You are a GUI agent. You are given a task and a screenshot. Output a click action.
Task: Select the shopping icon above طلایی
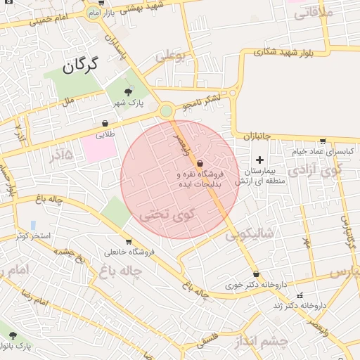[x=105, y=123]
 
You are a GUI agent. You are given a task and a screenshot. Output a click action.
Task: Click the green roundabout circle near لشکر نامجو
[x=166, y=110]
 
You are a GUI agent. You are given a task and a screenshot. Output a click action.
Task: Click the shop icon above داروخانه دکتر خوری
[x=256, y=274]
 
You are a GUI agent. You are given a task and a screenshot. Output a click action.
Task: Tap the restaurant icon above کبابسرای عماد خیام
[x=322, y=141]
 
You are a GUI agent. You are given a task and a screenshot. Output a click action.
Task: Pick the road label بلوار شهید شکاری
[x=290, y=52]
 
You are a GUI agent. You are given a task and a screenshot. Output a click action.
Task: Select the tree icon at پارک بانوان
[x=12, y=335]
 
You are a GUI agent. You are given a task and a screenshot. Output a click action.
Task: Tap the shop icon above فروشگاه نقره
[x=200, y=163]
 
